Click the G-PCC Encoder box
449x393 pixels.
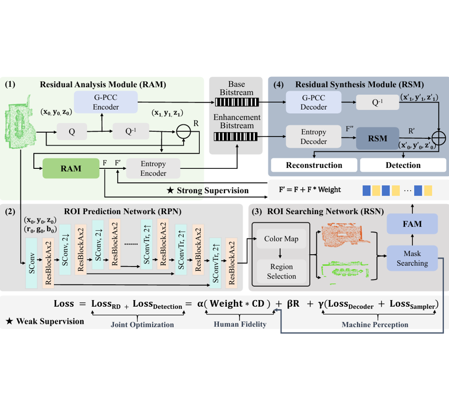click(105, 101)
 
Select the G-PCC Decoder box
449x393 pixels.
click(313, 102)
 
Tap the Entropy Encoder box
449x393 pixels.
click(153, 168)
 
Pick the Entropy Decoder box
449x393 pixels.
click(313, 136)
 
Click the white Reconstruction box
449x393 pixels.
click(314, 165)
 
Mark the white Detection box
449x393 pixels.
click(403, 165)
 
